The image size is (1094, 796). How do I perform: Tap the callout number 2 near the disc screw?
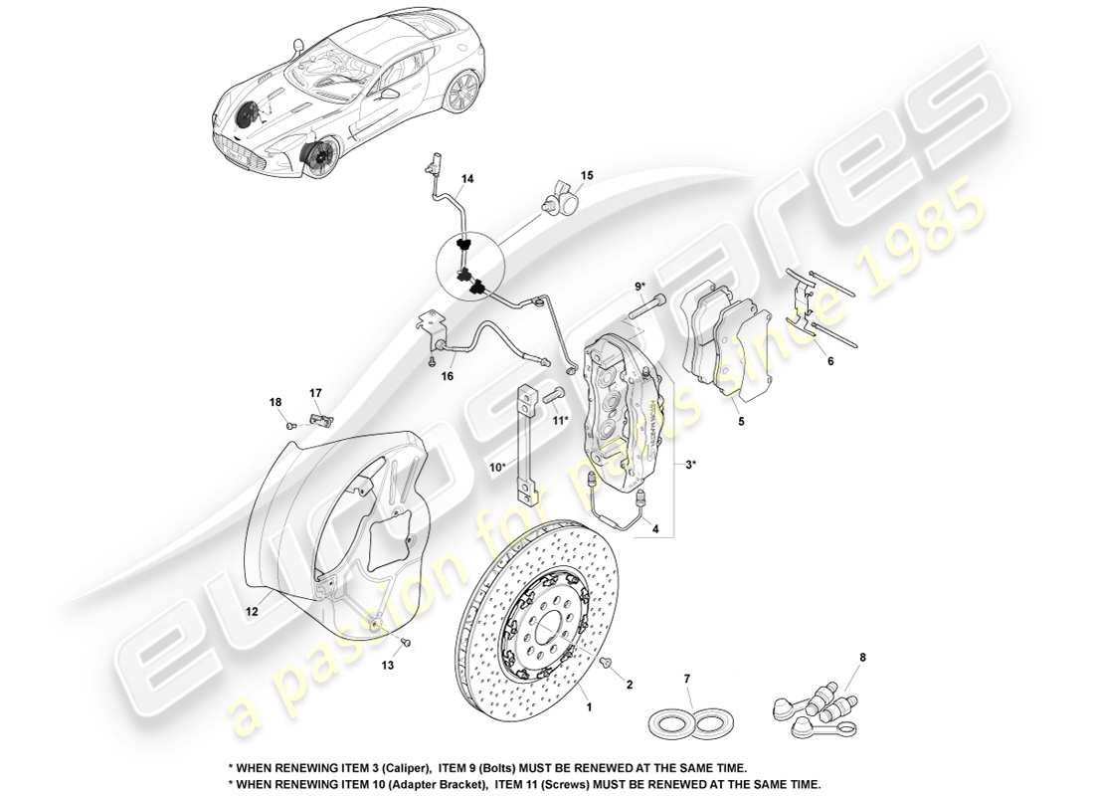629,685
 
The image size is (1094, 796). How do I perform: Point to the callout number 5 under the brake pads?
739,421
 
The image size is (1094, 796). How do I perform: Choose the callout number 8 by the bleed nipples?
861,658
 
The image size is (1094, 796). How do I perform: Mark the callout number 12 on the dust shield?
253,612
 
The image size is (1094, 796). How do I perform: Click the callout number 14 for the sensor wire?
466,179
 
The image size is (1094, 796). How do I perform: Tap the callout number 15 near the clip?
587,175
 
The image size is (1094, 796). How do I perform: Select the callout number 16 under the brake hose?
448,376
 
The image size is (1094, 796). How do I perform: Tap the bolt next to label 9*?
647,307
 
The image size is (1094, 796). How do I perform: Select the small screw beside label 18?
290,424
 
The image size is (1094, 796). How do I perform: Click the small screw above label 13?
406,642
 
